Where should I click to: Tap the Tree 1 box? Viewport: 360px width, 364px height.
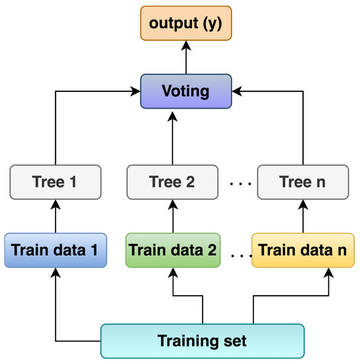click(x=56, y=181)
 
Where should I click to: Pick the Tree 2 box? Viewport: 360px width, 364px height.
click(x=172, y=181)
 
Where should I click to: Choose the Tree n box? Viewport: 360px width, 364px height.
click(x=302, y=181)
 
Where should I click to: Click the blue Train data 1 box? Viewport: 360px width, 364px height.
click(x=56, y=250)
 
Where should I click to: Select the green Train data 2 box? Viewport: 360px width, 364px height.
click(x=173, y=250)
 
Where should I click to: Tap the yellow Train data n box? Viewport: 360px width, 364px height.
click(x=302, y=250)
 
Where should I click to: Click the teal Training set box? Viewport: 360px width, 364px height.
click(x=202, y=341)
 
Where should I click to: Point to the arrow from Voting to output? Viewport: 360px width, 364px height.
click(x=186, y=57)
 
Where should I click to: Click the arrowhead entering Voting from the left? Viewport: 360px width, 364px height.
click(x=136, y=92)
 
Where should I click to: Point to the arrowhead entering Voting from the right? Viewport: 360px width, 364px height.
click(x=236, y=92)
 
